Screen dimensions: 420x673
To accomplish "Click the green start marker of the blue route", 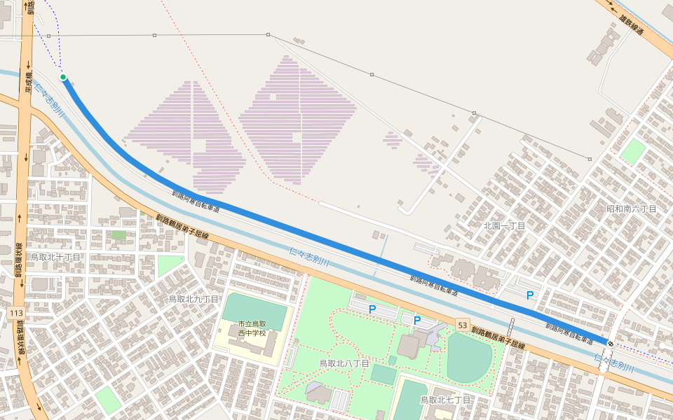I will coord(63,77).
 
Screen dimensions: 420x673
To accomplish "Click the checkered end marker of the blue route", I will coord(611,343).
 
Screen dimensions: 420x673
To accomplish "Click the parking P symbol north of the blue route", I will coord(530,296).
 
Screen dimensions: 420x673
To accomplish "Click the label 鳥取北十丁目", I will coord(55,257).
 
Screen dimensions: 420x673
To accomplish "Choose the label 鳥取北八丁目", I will coord(344,363).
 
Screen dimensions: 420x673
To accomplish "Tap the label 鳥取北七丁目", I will coord(445,399).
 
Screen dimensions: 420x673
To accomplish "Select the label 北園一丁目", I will coord(504,225).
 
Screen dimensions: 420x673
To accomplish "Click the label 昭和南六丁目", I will coord(631,209).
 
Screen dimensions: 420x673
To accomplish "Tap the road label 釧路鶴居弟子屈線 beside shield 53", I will coord(498,337).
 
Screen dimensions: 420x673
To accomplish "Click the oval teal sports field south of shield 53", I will coord(469,357).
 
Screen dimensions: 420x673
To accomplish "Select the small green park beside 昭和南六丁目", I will coord(633,152).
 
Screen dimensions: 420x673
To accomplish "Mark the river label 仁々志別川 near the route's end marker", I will coord(614,364).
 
